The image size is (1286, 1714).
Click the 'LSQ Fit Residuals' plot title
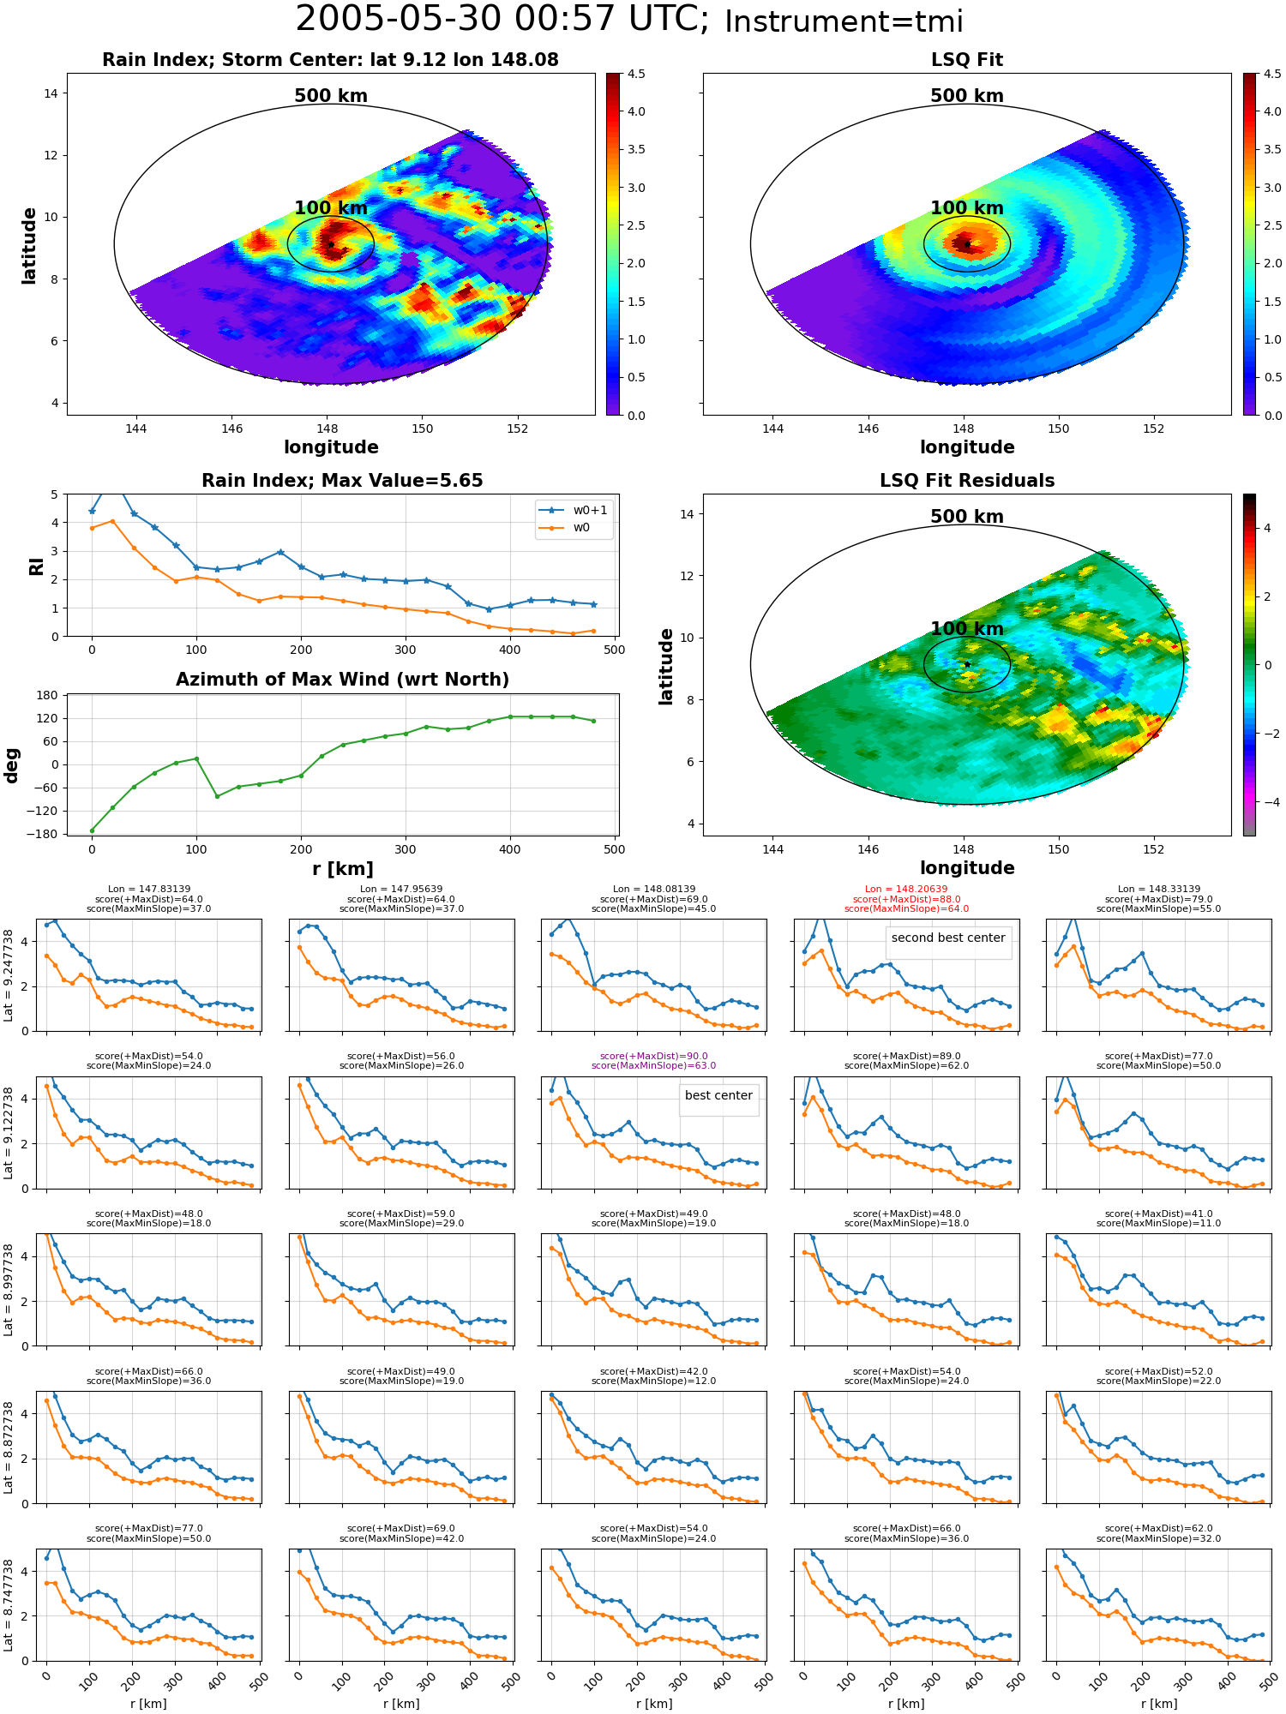tap(967, 481)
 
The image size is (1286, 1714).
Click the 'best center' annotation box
tap(718, 1096)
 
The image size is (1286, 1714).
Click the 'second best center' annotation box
tap(948, 938)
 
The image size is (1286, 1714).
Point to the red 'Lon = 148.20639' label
tap(906, 890)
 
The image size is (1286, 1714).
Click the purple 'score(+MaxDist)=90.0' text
tap(653, 1057)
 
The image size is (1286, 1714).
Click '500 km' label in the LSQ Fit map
tap(967, 96)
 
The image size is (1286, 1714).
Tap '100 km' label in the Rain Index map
tap(331, 208)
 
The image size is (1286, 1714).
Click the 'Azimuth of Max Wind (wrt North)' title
tap(342, 680)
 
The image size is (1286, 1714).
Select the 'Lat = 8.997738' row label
tap(9, 1290)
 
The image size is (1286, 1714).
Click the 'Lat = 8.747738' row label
tap(9, 1605)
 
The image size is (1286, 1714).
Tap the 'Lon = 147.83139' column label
tap(149, 890)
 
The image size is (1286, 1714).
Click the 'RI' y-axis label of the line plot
tap(37, 566)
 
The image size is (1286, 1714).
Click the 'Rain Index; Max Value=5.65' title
tap(342, 481)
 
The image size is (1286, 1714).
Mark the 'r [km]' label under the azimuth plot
tap(342, 869)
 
